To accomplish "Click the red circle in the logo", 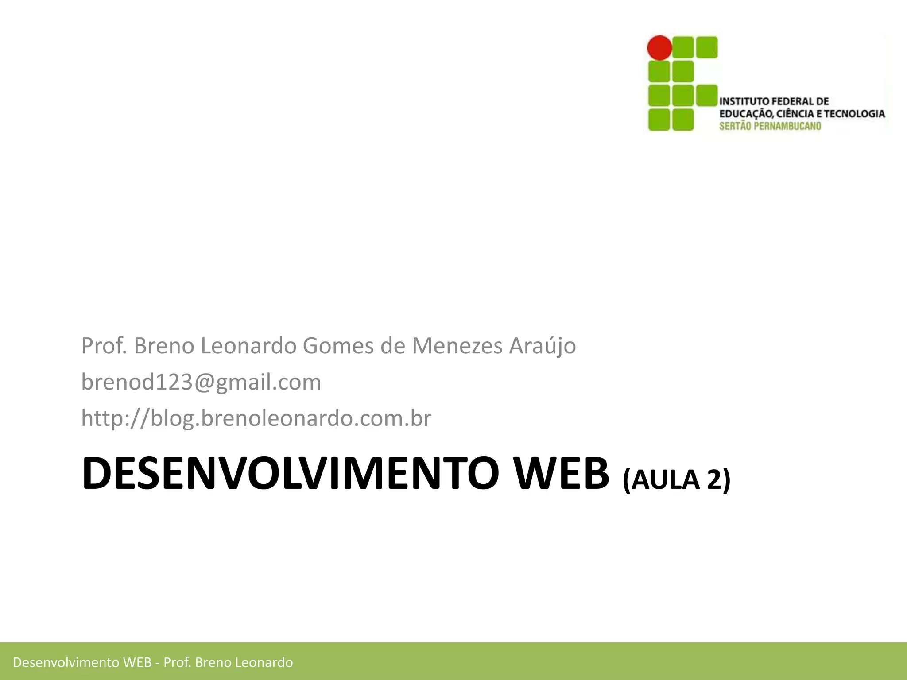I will click(659, 47).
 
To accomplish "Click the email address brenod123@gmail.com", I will click(201, 382).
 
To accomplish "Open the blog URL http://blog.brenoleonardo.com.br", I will click(256, 418).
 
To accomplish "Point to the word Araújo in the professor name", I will click(543, 346).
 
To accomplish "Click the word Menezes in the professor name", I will click(457, 346).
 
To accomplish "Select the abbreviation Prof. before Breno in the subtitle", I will click(104, 346).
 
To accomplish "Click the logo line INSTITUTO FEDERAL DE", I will click(774, 101).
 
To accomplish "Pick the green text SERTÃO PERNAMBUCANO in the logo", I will click(770, 126).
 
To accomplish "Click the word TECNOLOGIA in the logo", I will click(853, 114).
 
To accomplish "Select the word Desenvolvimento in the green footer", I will click(66, 662).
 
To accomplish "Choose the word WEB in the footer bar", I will click(137, 662).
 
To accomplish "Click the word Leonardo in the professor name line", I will click(248, 346).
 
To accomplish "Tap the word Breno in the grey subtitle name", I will click(164, 346).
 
